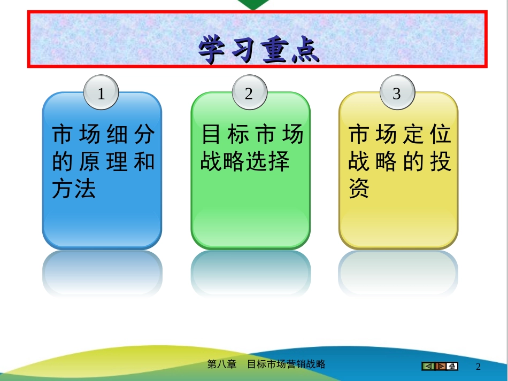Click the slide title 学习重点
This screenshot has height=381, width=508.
click(x=258, y=49)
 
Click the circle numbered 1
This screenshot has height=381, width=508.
click(x=101, y=92)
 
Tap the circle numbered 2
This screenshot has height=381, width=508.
click(x=250, y=92)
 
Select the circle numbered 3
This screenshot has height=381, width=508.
click(x=397, y=92)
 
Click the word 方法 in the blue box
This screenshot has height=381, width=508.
click(x=74, y=189)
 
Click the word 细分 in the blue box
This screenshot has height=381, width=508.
click(x=130, y=134)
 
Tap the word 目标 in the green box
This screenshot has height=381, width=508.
click(x=225, y=134)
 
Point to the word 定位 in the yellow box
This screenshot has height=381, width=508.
click(x=427, y=134)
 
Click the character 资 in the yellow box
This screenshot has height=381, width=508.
click(x=359, y=189)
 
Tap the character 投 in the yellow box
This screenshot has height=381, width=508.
click(x=441, y=161)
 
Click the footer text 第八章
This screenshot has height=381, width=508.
click(x=222, y=364)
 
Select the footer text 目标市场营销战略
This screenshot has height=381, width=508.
click(x=286, y=364)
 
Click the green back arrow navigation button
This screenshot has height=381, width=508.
click(x=428, y=366)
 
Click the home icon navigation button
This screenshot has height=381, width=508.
click(x=452, y=366)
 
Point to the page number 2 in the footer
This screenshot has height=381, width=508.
click(x=478, y=367)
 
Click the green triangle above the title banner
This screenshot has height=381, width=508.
click(x=253, y=4)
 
